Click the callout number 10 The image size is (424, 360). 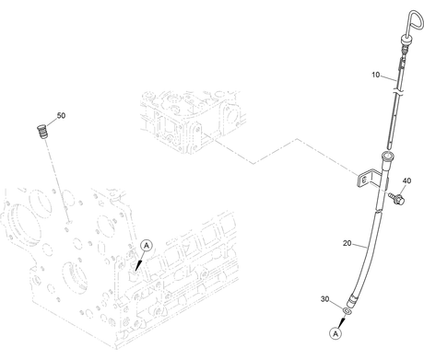click(x=375, y=75)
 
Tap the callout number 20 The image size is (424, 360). click(x=347, y=243)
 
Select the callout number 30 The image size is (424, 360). click(x=324, y=299)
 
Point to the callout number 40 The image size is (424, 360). click(x=406, y=180)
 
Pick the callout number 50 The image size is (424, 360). click(x=61, y=115)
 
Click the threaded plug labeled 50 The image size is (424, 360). click(x=42, y=132)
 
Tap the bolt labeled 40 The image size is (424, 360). click(x=396, y=198)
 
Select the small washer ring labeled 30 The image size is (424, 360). click(x=347, y=312)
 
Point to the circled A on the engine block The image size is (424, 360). click(x=147, y=246)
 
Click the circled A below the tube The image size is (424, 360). click(x=336, y=333)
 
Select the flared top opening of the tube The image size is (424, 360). click(x=386, y=156)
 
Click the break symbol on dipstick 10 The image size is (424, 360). click(x=399, y=91)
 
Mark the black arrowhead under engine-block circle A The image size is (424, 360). click(x=138, y=265)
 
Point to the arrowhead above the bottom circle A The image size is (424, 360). click(x=341, y=323)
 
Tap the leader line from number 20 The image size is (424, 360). click(x=359, y=246)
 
